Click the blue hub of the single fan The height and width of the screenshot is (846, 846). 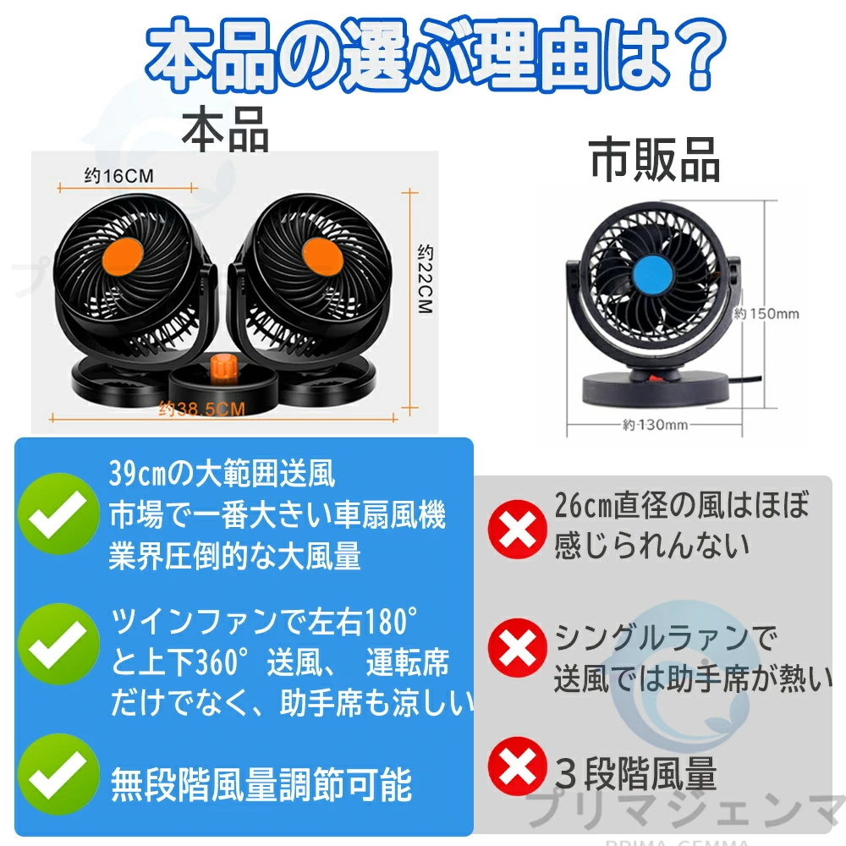coord(650,274)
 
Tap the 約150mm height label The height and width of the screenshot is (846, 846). coord(766,313)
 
